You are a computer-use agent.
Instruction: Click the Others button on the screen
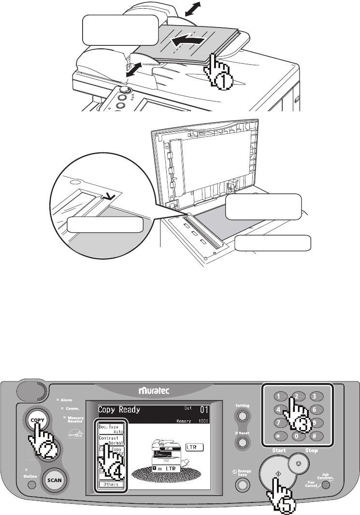(111, 485)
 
